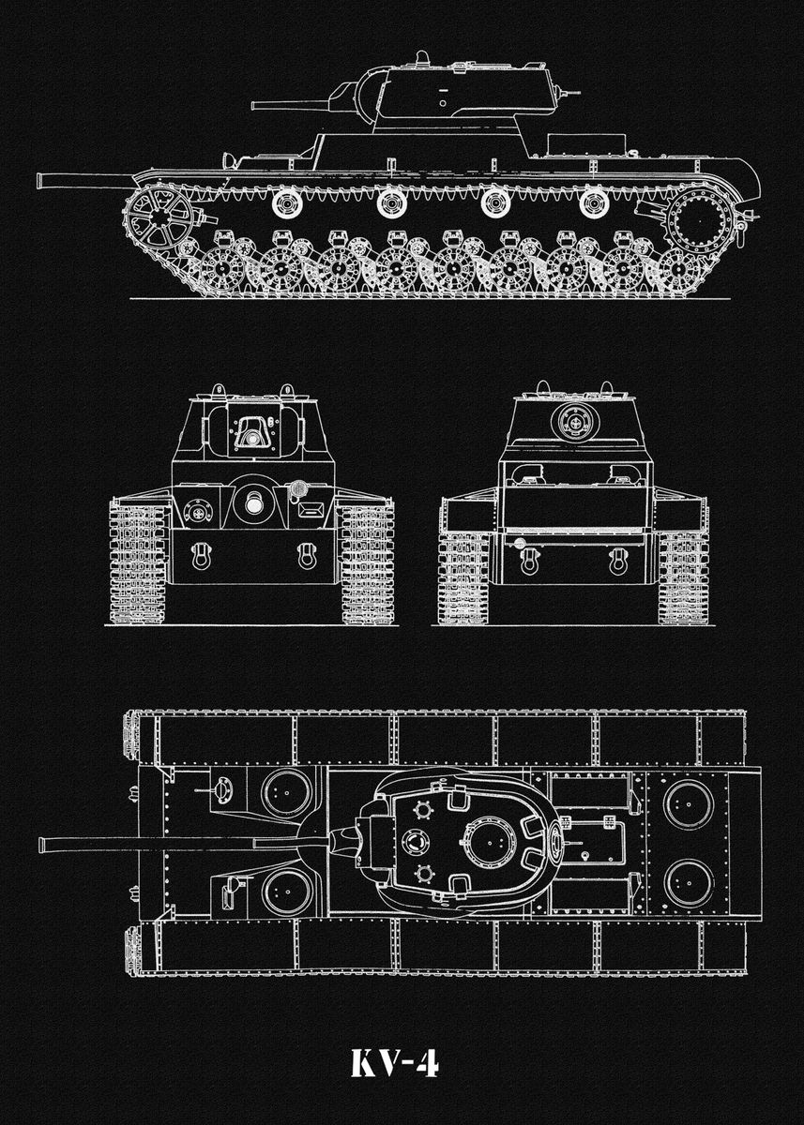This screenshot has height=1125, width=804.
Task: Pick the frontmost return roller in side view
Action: [x=284, y=202]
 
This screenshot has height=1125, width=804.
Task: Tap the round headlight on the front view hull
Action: [x=299, y=488]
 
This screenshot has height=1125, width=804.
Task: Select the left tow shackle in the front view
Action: [x=199, y=555]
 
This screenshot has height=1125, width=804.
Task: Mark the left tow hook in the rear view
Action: [x=528, y=561]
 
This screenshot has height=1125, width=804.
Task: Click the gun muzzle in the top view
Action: [x=43, y=845]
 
